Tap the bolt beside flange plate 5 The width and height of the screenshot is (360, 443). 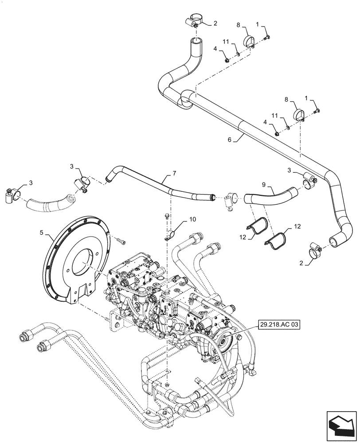[x=121, y=241]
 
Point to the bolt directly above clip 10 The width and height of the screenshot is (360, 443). [x=166, y=217]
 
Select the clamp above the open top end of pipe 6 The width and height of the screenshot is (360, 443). [x=193, y=22]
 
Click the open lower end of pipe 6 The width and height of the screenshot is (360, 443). [x=333, y=241]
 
